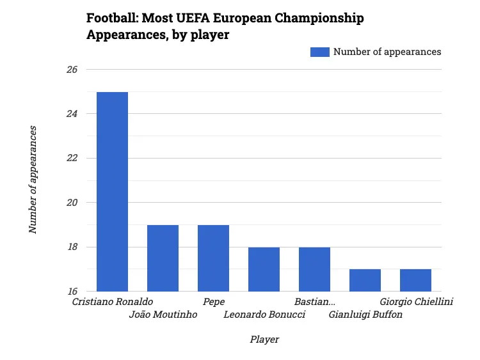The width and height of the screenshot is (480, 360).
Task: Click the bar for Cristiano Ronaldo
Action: [x=112, y=192]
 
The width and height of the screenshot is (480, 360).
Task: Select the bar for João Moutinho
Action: [x=163, y=258]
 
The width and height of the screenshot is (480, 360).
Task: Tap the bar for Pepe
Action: [x=213, y=258]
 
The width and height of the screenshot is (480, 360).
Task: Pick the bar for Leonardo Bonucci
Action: [x=264, y=269]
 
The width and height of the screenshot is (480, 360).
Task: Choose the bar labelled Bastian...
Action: [x=314, y=269]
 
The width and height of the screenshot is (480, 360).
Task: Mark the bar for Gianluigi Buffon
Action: [x=365, y=280]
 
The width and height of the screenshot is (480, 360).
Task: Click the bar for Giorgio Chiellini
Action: [x=415, y=280]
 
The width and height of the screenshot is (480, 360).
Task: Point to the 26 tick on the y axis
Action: [x=71, y=70]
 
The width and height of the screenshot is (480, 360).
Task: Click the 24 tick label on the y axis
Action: [x=71, y=114]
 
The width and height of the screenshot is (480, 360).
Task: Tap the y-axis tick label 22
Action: [x=71, y=159]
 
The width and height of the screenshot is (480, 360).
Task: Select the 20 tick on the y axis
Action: [x=71, y=203]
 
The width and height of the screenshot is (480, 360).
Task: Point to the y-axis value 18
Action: [x=71, y=247]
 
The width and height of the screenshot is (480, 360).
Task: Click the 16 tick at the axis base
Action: [x=71, y=292]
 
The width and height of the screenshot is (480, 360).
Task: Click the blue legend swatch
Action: [x=319, y=52]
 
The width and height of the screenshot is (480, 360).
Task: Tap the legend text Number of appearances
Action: [x=387, y=52]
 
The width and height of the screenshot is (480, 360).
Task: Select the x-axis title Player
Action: [x=264, y=340]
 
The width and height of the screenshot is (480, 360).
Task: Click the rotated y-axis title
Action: [x=33, y=179]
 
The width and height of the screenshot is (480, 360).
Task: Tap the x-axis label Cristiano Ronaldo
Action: [x=112, y=302]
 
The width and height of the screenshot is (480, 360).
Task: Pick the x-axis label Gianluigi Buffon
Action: [x=365, y=315]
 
